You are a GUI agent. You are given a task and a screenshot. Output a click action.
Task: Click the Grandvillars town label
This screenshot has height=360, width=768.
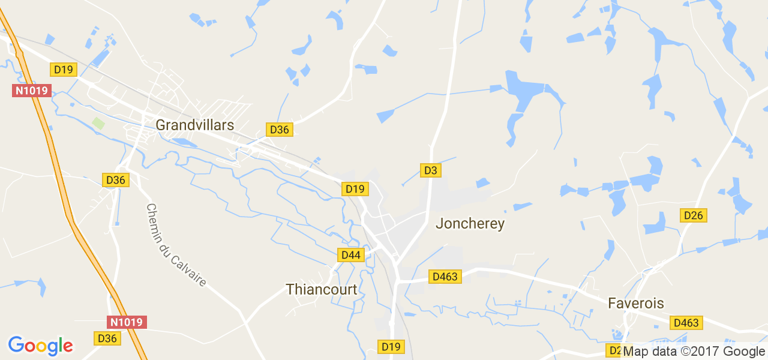click(x=194, y=125)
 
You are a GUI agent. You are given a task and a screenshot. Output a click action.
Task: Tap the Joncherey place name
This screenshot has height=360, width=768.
click(x=470, y=224)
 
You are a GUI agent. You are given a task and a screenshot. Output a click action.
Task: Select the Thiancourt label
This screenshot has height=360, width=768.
click(x=322, y=289)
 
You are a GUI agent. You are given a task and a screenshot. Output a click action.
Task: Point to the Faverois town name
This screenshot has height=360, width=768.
click(x=636, y=303)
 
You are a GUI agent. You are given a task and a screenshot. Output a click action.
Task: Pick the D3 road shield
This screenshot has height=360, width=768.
click(x=430, y=170)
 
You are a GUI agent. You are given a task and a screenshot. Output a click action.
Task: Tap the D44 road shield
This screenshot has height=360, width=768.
click(x=350, y=255)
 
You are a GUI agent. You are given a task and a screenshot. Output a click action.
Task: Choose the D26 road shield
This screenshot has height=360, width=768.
click(x=694, y=215)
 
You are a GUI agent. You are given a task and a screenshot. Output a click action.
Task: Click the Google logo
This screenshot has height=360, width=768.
click(x=40, y=346)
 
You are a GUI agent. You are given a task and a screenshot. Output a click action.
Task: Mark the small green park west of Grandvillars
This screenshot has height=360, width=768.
click(x=98, y=123)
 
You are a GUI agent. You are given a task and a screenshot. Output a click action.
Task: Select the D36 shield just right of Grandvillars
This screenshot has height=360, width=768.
click(x=279, y=130)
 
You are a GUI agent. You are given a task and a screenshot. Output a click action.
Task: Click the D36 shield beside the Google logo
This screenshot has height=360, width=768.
click(x=107, y=338)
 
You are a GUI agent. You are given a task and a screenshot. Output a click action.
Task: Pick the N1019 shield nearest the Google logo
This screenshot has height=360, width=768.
click(x=127, y=322)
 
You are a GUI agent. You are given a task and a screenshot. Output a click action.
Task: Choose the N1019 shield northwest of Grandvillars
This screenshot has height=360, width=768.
click(x=32, y=91)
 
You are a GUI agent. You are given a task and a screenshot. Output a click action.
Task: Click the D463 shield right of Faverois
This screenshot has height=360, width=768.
click(x=686, y=323)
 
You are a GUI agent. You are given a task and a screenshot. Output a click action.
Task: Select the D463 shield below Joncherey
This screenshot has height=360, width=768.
click(x=445, y=277)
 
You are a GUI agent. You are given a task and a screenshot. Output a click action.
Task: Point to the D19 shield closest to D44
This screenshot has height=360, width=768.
click(x=355, y=189)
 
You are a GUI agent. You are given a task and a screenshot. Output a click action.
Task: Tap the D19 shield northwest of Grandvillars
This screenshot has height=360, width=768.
click(x=63, y=70)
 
